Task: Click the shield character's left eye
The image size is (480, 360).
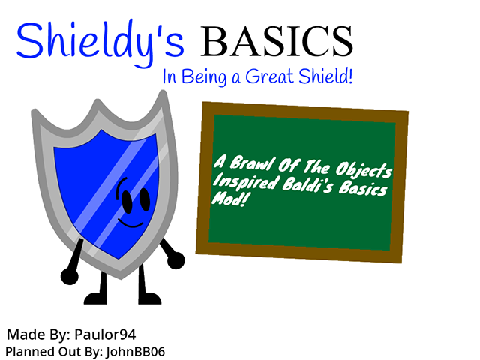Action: coord(127,200)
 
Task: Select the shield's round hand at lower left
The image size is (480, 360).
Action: coord(69,276)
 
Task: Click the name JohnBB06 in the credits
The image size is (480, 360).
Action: coord(136,351)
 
